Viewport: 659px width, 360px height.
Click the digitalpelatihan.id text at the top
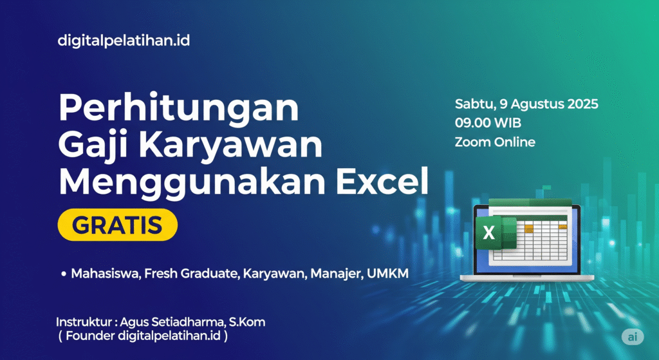coord(124,41)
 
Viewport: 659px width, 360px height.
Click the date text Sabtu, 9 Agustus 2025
coord(526,104)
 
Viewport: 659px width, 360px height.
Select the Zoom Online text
coord(494,142)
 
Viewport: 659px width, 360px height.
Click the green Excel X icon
coord(490,234)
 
